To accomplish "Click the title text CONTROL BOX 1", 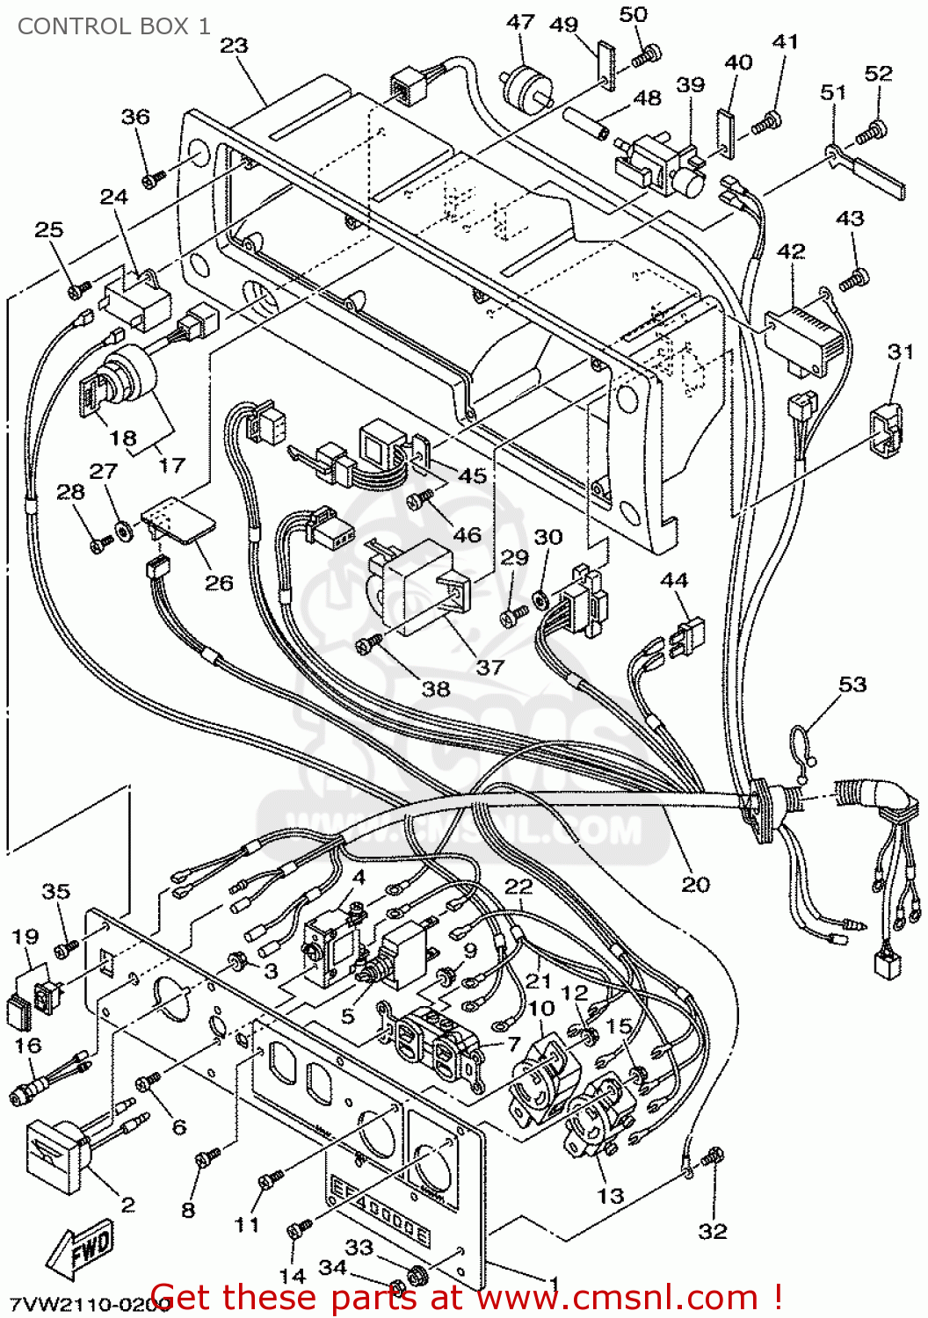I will click(114, 26).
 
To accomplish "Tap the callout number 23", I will click(234, 45).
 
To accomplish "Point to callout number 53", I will click(852, 684).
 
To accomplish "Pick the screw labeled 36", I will click(153, 177).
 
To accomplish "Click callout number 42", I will click(791, 251).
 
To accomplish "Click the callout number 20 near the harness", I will click(695, 884).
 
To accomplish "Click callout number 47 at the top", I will click(520, 21).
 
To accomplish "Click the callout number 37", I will click(489, 667).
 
